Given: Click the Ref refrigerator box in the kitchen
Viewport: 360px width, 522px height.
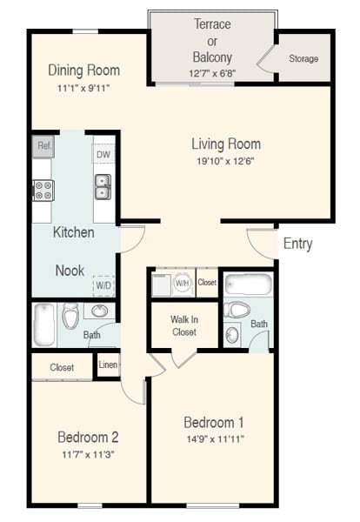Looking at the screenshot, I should coord(44,146).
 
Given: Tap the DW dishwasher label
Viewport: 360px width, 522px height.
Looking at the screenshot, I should coord(103,155).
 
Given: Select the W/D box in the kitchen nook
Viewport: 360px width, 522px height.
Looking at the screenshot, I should coord(104,285).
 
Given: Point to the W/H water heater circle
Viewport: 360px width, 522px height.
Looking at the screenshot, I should coord(183,283).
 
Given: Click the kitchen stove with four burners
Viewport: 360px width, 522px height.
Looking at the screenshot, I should coord(43,190).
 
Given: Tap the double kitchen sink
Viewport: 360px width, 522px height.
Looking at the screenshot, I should coord(103,186).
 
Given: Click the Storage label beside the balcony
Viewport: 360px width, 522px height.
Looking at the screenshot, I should coord(303,59).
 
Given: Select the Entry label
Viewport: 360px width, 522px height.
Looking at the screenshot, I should coord(297,244).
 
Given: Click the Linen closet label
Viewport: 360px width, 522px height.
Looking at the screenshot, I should coord(108,365).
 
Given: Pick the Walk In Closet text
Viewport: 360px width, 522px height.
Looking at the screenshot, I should coord(183,325).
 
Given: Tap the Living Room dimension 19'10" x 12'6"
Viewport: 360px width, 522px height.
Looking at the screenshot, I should coord(226,160).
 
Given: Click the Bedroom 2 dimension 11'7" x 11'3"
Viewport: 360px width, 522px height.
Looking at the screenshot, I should coord(88,454).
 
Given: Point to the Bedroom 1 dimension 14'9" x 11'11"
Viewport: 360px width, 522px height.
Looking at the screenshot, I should coord(214,438).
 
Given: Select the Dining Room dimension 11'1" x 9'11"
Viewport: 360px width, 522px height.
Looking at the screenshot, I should coord(83,87).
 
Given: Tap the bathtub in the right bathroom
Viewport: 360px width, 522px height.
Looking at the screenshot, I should coord(249,284).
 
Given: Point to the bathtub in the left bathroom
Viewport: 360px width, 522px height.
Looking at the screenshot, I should coord(44,325).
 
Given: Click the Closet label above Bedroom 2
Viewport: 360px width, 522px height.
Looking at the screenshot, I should coord(62,367).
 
